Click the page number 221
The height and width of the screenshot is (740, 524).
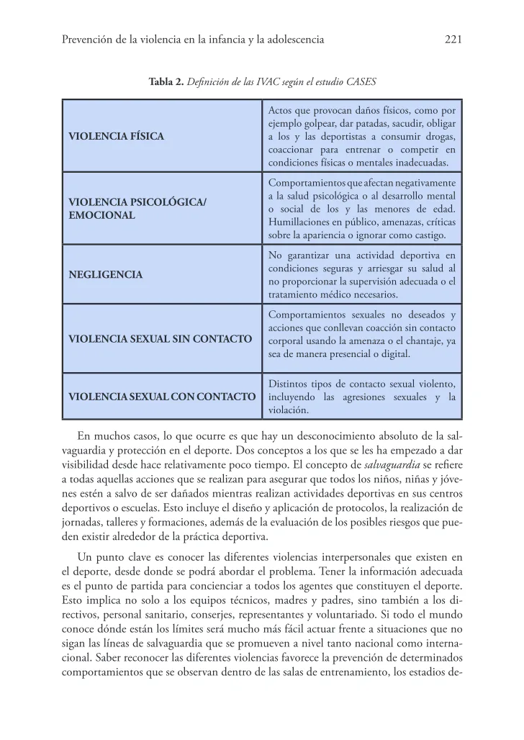click(x=452, y=40)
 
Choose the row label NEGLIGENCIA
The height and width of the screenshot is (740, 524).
click(x=105, y=274)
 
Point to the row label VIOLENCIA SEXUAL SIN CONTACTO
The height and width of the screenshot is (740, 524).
click(x=160, y=338)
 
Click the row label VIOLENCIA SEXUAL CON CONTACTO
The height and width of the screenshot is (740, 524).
click(x=162, y=397)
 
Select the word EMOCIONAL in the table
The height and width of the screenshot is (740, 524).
click(x=101, y=215)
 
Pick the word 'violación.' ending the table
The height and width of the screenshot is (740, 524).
click(x=288, y=410)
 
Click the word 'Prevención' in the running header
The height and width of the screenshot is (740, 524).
click(x=88, y=40)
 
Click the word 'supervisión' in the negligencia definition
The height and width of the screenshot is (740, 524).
click(x=379, y=281)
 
